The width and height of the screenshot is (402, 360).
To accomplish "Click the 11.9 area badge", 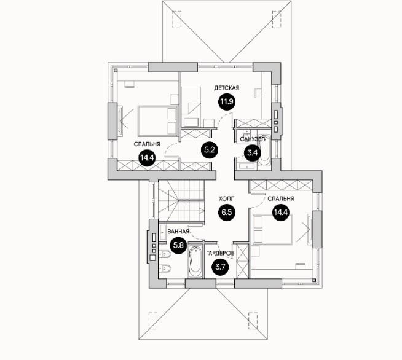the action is click(226, 102).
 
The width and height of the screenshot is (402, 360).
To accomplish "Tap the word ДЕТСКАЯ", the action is click(226, 88).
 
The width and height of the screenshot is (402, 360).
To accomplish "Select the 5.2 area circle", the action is click(209, 149).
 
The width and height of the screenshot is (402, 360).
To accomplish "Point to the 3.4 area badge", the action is click(252, 154).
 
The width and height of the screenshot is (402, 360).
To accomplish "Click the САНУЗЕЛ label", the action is click(252, 139).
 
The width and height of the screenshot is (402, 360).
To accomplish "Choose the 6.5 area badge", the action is click(226, 213).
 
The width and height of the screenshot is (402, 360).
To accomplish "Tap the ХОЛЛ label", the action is click(226, 200).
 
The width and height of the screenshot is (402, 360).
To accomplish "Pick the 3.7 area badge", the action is click(219, 267).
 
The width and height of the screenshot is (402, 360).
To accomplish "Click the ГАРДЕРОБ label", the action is click(219, 253).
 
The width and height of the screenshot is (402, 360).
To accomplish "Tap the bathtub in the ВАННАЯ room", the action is click(195, 263).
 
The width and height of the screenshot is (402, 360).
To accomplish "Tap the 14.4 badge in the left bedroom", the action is click(147, 158).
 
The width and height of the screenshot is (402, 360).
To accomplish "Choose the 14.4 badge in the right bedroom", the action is click(281, 213).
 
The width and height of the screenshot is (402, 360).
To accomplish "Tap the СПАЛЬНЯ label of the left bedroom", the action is click(148, 144).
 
